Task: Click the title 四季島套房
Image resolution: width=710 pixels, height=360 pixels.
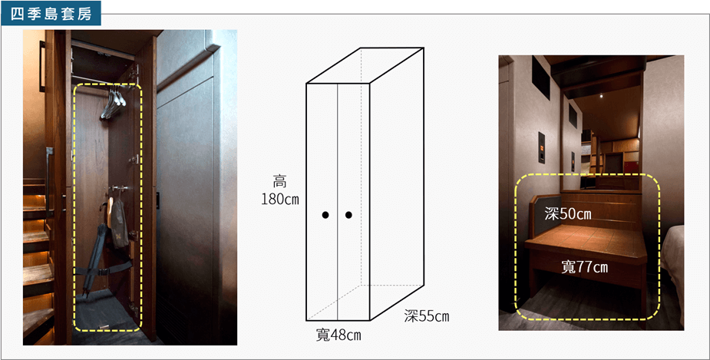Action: (x=51, y=14)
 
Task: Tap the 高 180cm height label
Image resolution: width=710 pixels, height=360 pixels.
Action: (x=280, y=190)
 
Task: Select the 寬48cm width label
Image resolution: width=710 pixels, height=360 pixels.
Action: (x=338, y=335)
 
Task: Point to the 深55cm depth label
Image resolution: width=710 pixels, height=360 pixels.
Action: (x=427, y=316)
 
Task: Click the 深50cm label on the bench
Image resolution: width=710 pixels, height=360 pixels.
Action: (x=568, y=213)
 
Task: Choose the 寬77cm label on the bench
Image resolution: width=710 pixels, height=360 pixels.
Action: (x=585, y=267)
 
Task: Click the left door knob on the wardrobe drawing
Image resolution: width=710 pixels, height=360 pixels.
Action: (x=325, y=215)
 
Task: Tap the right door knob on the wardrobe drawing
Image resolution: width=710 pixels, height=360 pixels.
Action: (x=348, y=215)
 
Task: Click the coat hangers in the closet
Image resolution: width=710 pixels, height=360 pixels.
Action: (x=113, y=104)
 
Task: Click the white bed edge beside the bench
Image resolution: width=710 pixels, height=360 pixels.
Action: (x=673, y=272)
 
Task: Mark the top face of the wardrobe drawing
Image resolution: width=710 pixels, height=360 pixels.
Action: (x=365, y=66)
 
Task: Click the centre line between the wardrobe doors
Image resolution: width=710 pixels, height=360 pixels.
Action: (x=338, y=202)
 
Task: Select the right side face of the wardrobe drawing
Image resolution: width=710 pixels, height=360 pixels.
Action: (x=397, y=184)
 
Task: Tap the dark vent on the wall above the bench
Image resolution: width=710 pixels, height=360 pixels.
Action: (x=540, y=78)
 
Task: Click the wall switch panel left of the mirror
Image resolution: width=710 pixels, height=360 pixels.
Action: (x=541, y=147)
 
